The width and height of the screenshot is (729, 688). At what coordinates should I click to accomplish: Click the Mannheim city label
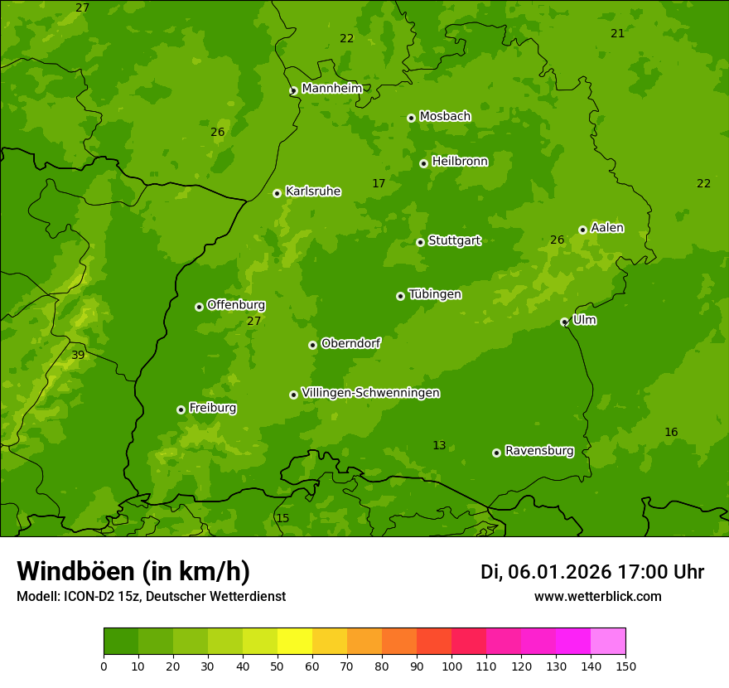click(331, 89)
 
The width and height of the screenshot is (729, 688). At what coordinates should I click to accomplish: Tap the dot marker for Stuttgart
click(420, 242)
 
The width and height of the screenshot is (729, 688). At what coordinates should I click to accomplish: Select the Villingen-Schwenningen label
click(370, 393)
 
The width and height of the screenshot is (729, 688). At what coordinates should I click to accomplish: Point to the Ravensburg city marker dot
click(496, 453)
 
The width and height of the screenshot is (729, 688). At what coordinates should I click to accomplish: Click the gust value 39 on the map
click(78, 356)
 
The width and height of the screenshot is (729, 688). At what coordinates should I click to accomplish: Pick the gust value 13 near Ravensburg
click(439, 446)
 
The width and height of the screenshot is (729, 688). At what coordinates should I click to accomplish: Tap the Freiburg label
click(212, 408)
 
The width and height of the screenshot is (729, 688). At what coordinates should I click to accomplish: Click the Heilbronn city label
click(460, 162)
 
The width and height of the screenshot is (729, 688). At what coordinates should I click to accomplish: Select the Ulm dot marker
click(564, 322)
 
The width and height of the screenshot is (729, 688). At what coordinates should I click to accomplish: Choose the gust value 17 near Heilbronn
click(379, 184)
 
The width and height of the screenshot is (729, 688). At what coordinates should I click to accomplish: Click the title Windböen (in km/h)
click(133, 571)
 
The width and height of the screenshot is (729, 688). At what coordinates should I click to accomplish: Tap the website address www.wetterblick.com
click(597, 596)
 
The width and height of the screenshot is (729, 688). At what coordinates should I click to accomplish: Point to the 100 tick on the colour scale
click(451, 666)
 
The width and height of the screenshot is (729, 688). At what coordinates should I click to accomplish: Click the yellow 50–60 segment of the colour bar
click(295, 641)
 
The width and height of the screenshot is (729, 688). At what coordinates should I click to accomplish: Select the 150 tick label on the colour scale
click(625, 666)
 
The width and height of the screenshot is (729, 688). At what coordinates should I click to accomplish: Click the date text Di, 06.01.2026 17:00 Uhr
click(591, 572)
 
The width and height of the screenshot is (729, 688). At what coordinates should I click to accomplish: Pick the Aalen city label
click(607, 228)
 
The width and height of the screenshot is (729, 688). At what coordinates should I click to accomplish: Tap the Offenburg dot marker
click(199, 307)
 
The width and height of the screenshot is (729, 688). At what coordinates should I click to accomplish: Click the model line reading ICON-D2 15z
click(151, 596)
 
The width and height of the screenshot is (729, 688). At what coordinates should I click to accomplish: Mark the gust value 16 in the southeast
click(671, 433)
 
